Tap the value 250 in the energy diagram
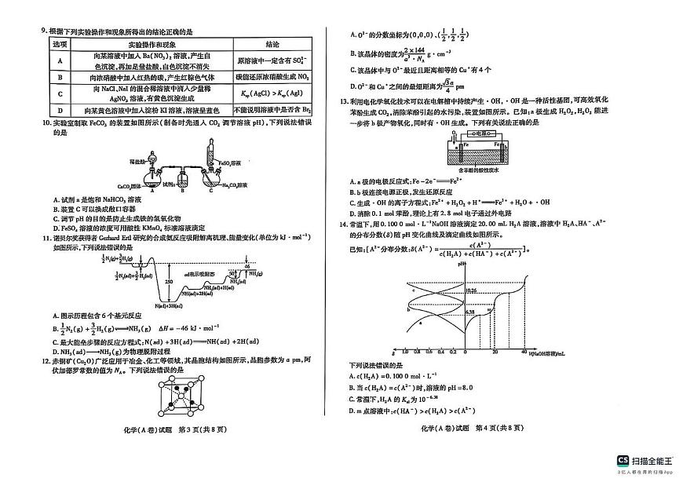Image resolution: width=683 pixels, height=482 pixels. pyautogui.click(x=170, y=281)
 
